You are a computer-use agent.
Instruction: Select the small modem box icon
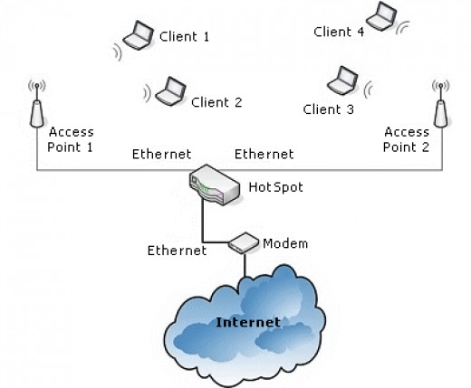244,242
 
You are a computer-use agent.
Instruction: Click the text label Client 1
184,37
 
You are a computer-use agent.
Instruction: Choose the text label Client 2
216,102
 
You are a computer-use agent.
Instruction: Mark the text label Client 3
329,109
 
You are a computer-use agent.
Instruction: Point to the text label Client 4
339,32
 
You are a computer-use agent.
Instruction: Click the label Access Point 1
71,138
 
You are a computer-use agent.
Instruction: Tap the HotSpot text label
275,187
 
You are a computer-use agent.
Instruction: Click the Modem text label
285,243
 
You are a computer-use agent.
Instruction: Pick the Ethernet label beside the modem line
177,251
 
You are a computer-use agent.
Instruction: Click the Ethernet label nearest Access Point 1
161,155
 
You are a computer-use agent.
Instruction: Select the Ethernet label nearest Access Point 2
264,155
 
